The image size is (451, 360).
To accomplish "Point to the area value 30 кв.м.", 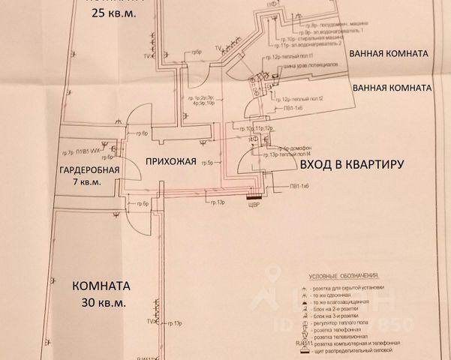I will point(102,303).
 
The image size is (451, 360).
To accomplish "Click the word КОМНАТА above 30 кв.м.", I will point(102,286).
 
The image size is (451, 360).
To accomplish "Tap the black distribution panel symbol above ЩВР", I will point(256,198).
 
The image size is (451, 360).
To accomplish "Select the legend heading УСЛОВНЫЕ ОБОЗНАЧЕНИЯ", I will point(344,275).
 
